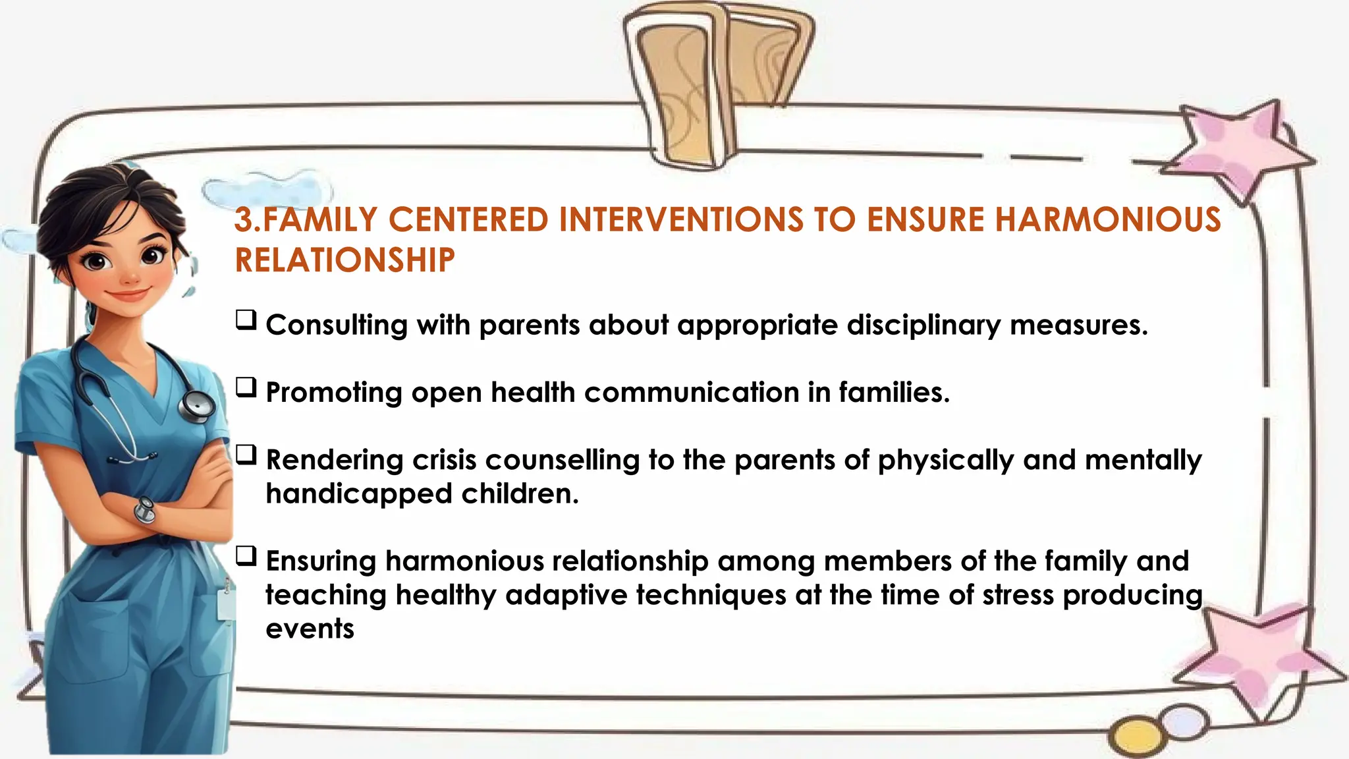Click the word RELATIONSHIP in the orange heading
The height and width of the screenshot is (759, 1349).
point(344,260)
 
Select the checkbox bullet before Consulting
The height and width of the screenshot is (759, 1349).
point(246,321)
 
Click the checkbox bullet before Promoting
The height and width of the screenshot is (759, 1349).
point(246,388)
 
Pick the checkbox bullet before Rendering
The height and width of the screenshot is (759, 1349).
point(246,455)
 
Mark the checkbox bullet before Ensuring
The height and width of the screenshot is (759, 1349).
point(246,557)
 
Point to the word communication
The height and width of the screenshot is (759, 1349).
point(692,393)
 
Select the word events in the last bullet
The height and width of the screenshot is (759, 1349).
point(310,629)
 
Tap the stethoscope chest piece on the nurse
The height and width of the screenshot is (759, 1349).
point(198,406)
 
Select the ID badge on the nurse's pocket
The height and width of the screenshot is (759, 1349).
point(226,603)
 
